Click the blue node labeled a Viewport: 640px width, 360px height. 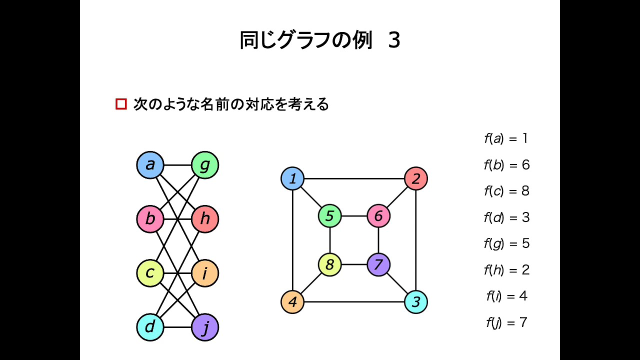tap(150, 165)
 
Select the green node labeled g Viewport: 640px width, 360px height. tap(205, 165)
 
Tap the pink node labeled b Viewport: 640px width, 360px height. tap(150, 219)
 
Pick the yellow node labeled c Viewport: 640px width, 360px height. tap(150, 273)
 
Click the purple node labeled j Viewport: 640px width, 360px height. tap(205, 327)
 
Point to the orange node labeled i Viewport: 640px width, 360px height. tap(205, 273)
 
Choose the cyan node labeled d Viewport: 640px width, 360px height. tap(150, 327)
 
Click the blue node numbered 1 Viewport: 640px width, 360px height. tap(292, 178)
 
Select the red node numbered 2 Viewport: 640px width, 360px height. tap(415, 178)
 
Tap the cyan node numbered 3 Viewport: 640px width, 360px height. tap(415, 302)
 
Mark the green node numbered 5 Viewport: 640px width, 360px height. tap(329, 216)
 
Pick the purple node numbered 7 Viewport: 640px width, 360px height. tap(378, 264)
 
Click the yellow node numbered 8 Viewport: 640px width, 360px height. tap(329, 264)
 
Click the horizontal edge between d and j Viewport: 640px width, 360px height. tap(177, 327)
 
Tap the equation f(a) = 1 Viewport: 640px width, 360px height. tap(506, 138)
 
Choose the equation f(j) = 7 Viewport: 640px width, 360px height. tap(506, 322)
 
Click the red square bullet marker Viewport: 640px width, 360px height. tap(121, 104)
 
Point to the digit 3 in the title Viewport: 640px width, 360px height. tap(394, 41)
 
